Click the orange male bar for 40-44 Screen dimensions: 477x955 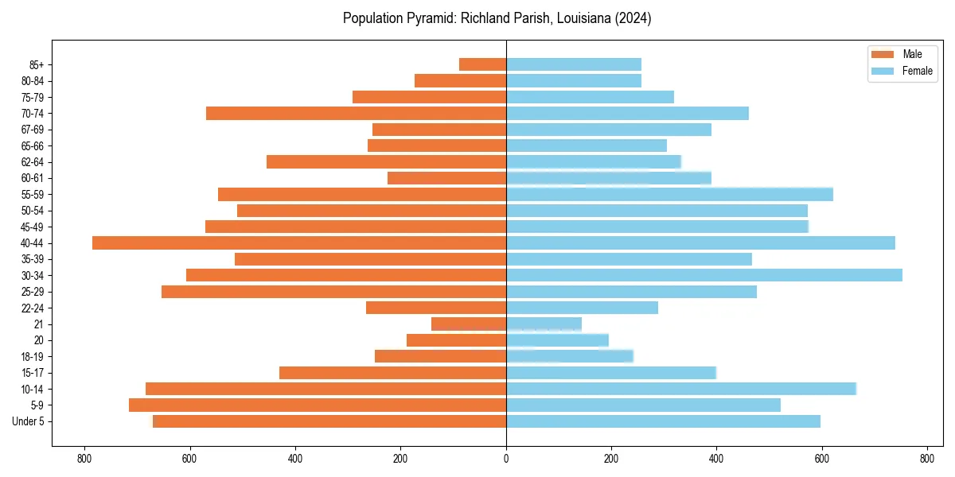tap(299, 243)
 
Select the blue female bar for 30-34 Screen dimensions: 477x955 tap(704, 275)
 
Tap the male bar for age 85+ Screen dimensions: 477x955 tap(482, 64)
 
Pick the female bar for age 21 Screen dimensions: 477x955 tap(544, 324)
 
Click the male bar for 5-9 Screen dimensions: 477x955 tap(318, 405)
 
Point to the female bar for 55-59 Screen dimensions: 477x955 tap(669, 194)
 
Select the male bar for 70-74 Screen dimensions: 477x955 tap(356, 113)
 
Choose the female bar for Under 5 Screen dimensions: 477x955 tap(663, 421)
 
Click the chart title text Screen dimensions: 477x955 tap(497, 18)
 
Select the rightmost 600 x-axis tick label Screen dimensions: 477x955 tap(821, 459)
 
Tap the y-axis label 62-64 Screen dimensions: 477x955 tap(31, 162)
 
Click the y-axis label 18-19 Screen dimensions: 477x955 tap(31, 357)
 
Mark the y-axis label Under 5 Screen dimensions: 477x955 tap(28, 421)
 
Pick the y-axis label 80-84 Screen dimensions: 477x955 tap(31, 81)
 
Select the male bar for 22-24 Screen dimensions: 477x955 tap(436, 308)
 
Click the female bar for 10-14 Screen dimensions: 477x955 tap(681, 389)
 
